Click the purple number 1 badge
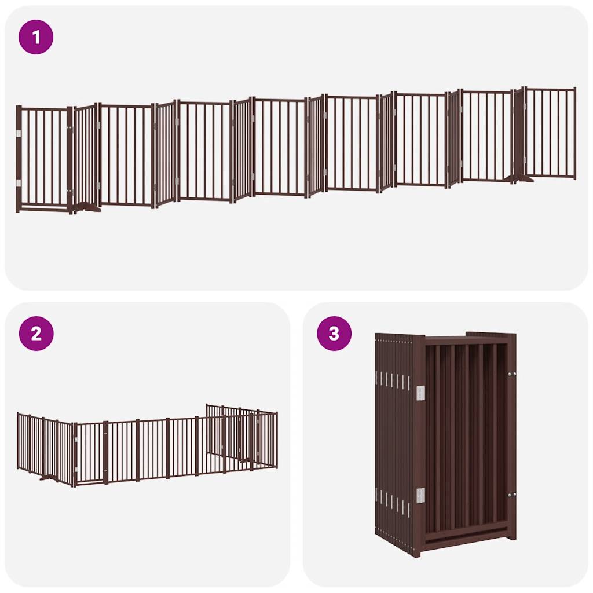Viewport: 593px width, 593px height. tap(36, 38)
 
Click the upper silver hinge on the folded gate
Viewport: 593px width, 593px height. tap(420, 393)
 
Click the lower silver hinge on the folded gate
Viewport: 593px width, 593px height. tap(420, 495)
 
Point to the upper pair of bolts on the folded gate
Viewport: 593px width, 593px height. tap(511, 375)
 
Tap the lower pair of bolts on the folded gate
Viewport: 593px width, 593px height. tap(511, 495)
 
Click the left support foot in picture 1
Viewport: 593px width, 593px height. tap(88, 207)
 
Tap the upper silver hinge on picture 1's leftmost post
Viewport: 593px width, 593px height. tap(19, 134)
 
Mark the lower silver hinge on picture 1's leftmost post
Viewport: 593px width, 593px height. tap(19, 183)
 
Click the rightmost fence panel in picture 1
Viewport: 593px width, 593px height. tap(550, 133)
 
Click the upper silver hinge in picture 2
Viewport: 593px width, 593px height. tap(76, 441)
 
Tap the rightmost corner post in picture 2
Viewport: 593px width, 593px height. tap(276, 440)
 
